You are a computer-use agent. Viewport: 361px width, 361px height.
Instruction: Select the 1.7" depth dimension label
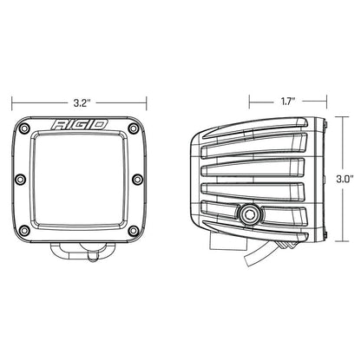(x=286, y=101)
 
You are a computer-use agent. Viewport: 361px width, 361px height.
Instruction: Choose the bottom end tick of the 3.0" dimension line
(x=341, y=243)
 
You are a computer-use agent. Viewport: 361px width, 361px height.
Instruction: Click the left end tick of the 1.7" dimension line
(x=249, y=101)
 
